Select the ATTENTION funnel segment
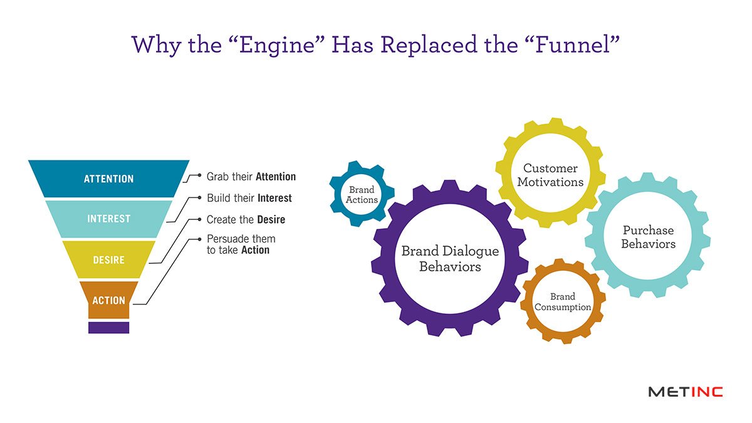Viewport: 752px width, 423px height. click(108, 179)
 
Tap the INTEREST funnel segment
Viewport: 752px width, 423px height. click(108, 219)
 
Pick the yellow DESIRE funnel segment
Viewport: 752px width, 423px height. click(108, 259)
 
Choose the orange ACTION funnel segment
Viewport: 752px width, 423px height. click(108, 300)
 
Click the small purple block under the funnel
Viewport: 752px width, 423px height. click(108, 327)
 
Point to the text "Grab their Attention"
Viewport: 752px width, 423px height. click(251, 177)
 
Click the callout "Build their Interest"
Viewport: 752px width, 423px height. click(249, 198)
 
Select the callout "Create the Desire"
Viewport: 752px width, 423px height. click(246, 220)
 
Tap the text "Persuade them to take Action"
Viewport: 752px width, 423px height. click(241, 244)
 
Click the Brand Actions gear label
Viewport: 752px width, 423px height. click(362, 194)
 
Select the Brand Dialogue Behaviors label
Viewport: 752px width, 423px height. click(450, 259)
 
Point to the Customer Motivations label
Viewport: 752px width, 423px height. click(550, 175)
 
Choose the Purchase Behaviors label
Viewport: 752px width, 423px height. click(648, 237)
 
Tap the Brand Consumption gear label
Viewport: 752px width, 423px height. click(563, 302)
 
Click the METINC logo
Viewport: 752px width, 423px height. click(685, 392)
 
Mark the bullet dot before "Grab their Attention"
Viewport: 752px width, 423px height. click(199, 177)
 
